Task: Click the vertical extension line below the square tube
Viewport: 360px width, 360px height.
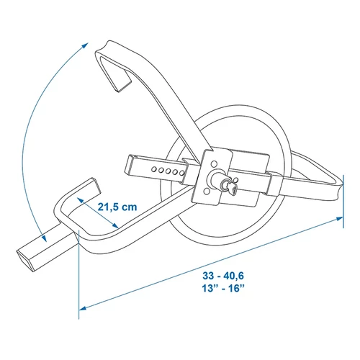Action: [x=78, y=281]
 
